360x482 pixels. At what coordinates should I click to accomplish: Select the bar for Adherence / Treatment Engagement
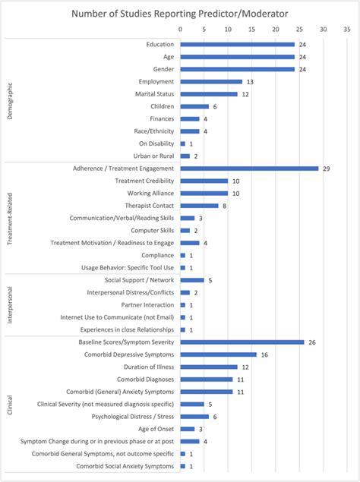[x=249, y=169]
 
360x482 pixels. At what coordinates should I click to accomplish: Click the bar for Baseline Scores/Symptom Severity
[x=242, y=342]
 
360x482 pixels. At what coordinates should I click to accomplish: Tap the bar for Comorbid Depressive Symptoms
[x=218, y=354]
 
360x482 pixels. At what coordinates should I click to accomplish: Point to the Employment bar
[x=211, y=82]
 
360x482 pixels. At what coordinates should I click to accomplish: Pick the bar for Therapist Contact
[x=199, y=206]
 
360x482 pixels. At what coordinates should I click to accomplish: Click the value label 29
[x=325, y=169]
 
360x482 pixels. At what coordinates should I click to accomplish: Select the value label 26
[x=311, y=342]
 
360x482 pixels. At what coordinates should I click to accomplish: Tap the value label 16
[x=263, y=354]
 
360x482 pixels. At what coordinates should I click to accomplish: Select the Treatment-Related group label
[x=10, y=218]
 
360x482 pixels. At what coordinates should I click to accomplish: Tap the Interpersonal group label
[x=10, y=305]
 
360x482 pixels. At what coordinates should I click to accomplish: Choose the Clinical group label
[x=10, y=404]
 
